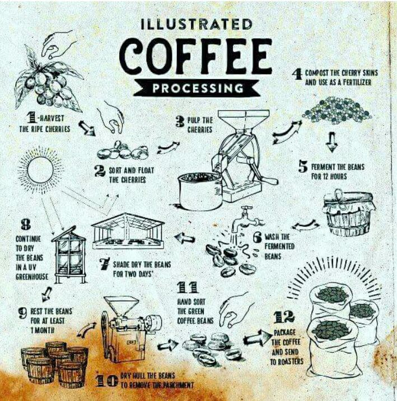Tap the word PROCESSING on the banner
[198, 88]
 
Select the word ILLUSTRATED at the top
[197, 24]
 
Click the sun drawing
[40, 169]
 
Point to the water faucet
[246, 219]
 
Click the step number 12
[284, 317]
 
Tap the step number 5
[303, 167]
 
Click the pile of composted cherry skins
[337, 110]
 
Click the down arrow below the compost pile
[331, 142]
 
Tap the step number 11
[188, 288]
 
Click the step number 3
[180, 122]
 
